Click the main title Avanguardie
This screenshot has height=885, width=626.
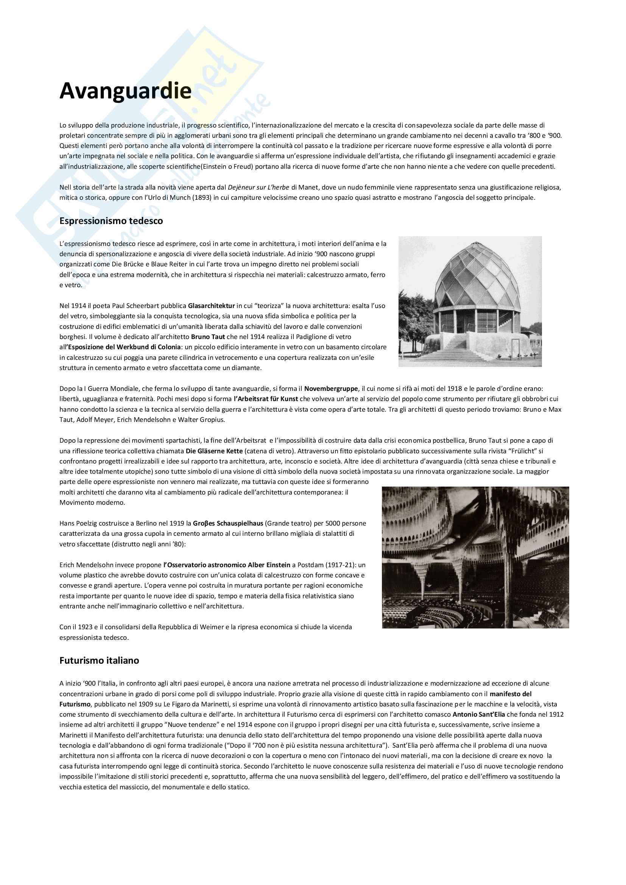point(125,91)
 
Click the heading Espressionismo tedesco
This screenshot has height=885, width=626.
point(111,221)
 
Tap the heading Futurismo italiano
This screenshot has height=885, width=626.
point(99,660)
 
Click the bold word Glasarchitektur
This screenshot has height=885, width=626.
point(211,306)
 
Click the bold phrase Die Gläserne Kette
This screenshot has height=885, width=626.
point(214,451)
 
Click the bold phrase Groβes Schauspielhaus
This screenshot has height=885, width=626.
point(228,523)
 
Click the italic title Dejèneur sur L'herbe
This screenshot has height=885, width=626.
point(258,187)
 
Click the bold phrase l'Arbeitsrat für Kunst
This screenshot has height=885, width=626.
point(266,399)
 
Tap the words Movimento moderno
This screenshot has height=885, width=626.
point(92,502)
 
